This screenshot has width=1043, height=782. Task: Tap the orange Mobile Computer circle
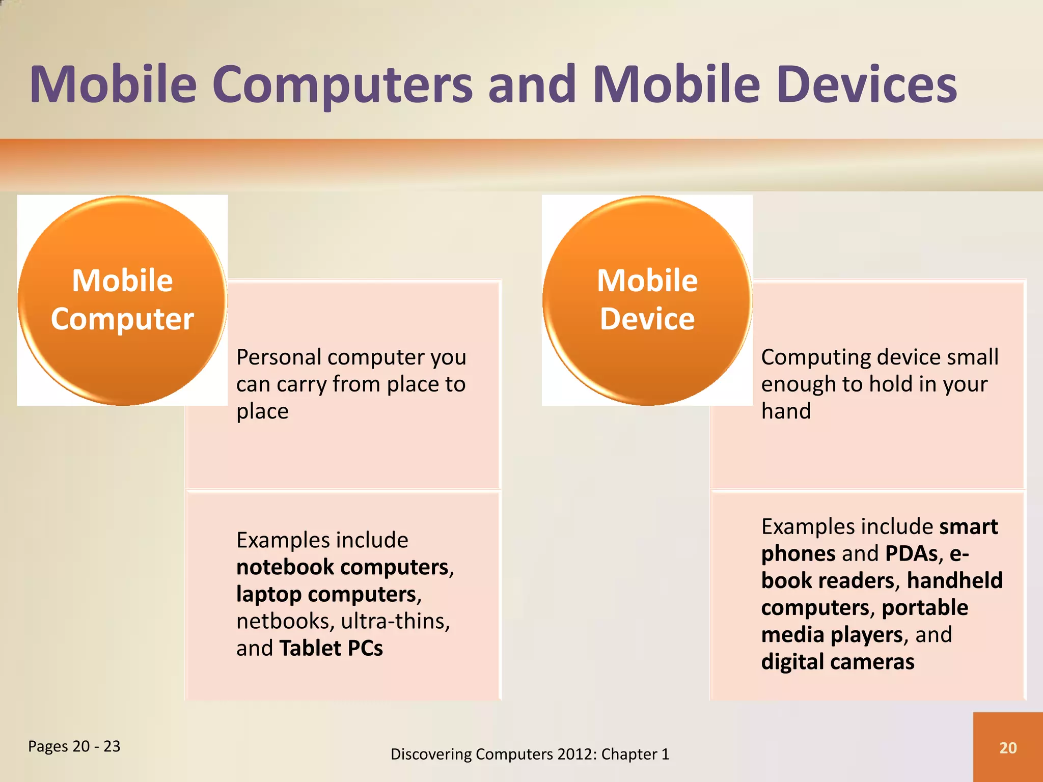(x=122, y=300)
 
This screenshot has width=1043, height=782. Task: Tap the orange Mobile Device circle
(x=647, y=300)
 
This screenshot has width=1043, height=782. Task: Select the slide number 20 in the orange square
(x=1008, y=747)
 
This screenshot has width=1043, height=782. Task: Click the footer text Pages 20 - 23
(x=74, y=746)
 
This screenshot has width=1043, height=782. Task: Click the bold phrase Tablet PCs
(x=331, y=648)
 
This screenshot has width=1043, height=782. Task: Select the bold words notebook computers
(x=342, y=567)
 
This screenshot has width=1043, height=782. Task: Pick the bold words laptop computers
(x=326, y=594)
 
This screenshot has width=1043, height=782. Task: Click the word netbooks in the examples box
(x=283, y=621)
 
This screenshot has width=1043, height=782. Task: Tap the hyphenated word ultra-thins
(x=395, y=621)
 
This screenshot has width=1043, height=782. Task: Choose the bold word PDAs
(x=911, y=553)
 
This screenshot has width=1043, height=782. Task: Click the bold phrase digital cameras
(x=838, y=662)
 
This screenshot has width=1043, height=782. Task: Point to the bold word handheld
(x=954, y=580)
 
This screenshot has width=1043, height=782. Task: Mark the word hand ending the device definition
(x=786, y=411)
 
